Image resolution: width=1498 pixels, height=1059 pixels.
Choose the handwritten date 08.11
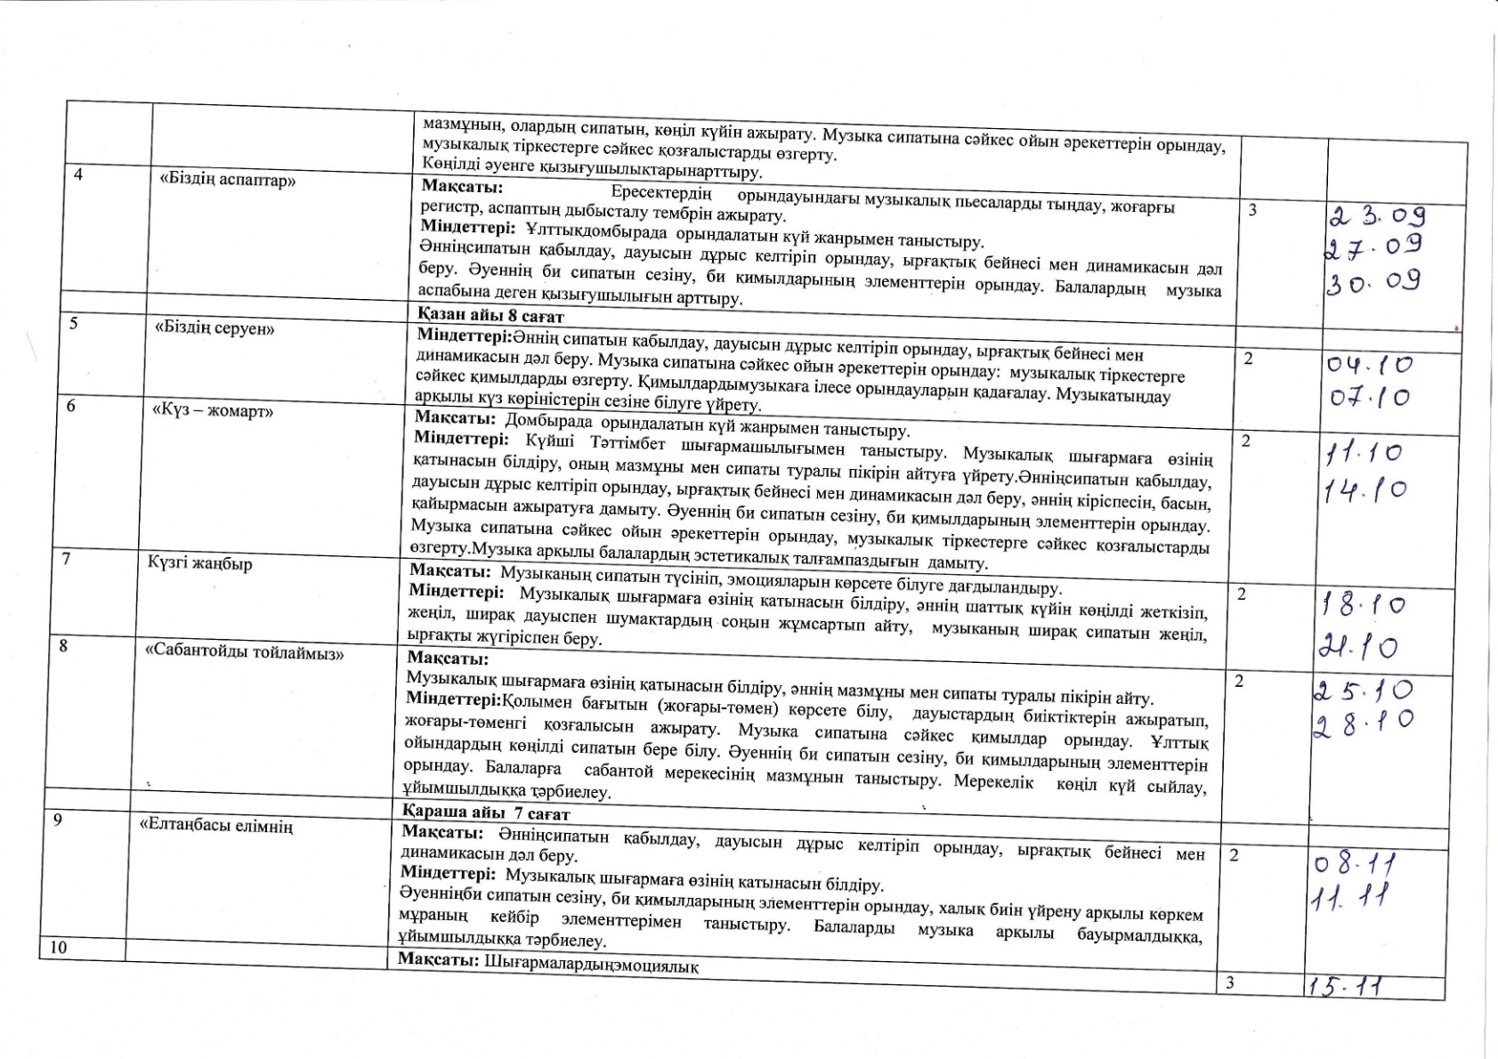tap(1354, 863)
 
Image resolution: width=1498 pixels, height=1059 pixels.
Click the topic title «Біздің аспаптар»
tap(227, 180)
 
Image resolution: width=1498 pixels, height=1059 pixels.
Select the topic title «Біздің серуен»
tap(215, 327)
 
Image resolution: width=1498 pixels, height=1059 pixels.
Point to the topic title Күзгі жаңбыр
tap(200, 562)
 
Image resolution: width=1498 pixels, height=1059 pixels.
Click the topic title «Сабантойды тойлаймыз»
tap(245, 652)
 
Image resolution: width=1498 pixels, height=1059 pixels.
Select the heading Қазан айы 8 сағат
tap(490, 316)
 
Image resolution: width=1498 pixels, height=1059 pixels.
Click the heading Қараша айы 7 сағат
tap(487, 812)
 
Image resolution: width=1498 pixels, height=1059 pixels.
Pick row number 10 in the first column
tap(58, 947)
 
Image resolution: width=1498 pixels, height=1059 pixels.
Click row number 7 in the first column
tap(66, 560)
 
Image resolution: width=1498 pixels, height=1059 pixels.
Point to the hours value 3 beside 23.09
tap(1253, 210)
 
